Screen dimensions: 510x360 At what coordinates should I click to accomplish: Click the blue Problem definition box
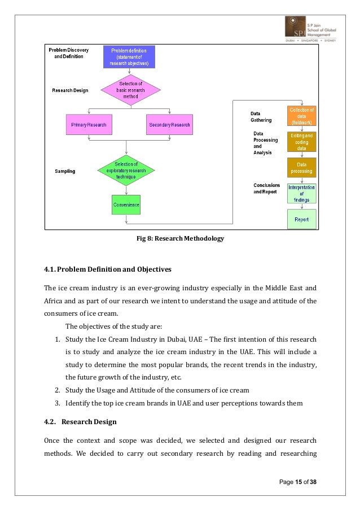[129, 57]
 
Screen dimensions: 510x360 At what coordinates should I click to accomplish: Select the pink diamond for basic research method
[130, 90]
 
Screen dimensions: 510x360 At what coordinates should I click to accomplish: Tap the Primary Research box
[89, 124]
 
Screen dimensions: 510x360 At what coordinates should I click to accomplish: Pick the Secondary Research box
[169, 124]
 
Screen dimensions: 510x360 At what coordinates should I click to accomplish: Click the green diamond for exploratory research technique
[126, 170]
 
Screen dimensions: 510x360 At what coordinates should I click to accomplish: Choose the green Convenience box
[125, 204]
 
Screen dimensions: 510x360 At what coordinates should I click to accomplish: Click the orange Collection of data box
[301, 116]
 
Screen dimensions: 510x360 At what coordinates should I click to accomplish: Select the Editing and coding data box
[301, 142]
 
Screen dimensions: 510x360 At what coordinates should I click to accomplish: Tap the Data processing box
[301, 168]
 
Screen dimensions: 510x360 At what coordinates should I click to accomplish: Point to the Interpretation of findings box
[301, 193]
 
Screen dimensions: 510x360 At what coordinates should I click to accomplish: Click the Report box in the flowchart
[301, 219]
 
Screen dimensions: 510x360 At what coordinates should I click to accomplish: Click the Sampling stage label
[65, 171]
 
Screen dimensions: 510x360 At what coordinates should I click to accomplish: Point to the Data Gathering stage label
[261, 117]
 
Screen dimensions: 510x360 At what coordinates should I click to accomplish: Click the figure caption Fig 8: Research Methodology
[181, 239]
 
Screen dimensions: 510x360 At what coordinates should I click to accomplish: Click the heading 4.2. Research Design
[84, 421]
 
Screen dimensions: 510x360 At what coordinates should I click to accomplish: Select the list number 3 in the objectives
[58, 403]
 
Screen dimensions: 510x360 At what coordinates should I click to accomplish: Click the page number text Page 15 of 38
[298, 481]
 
